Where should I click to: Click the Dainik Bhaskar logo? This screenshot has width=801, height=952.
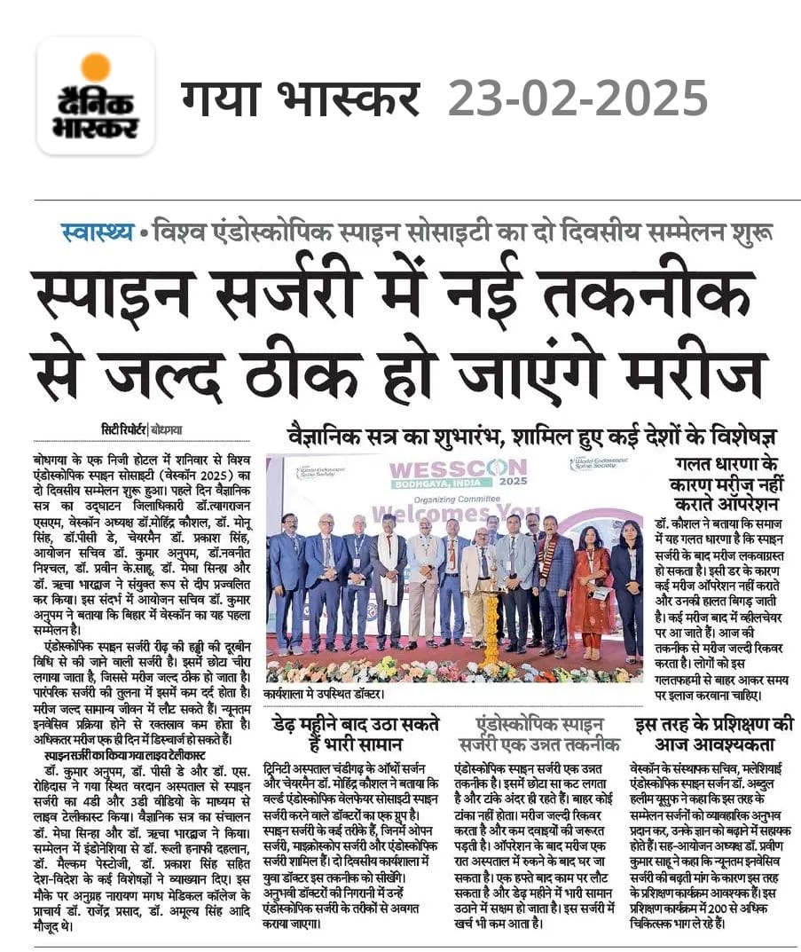click(x=96, y=96)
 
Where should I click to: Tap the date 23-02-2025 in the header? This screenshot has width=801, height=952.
click(x=577, y=98)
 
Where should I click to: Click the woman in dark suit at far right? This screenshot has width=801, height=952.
click(x=626, y=586)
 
